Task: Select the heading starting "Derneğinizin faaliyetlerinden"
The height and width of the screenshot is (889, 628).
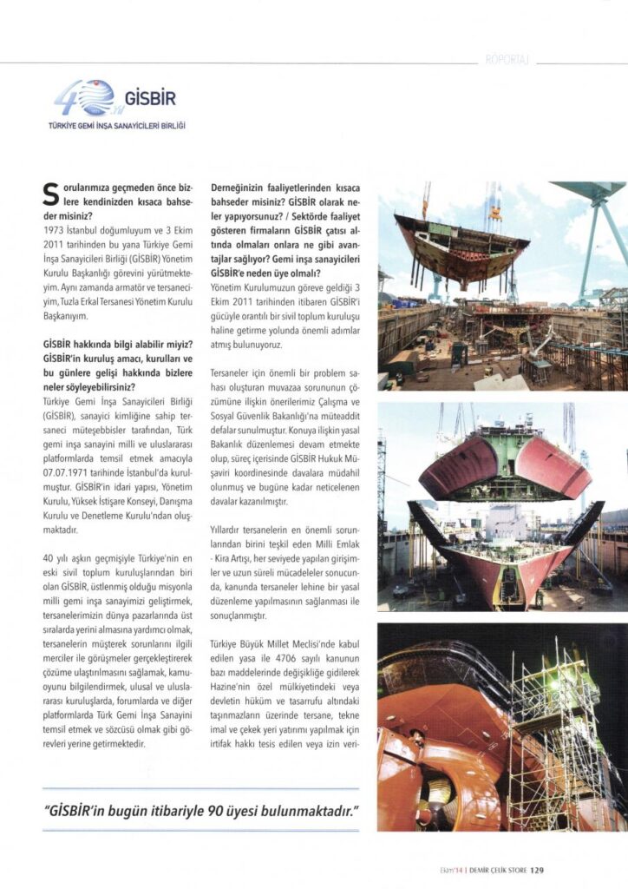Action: tap(285, 188)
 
